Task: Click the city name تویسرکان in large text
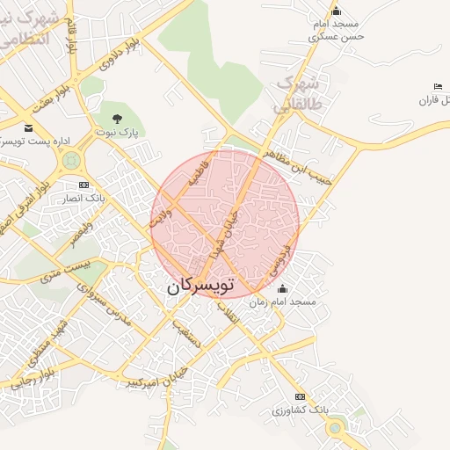201,287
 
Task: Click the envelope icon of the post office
28,128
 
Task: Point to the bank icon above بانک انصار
83,185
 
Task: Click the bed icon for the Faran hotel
437,86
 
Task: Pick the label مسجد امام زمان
282,301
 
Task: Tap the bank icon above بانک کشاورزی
301,396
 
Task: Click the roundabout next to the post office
71,160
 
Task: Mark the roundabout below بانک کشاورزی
335,428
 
